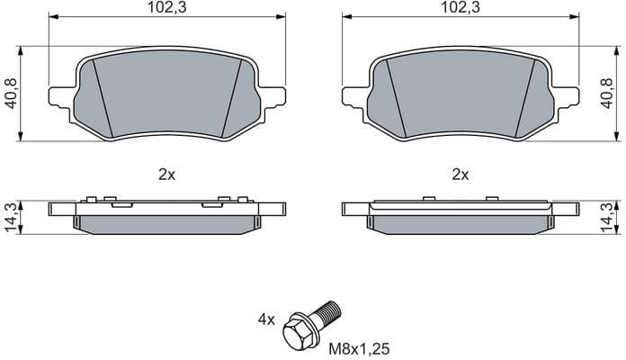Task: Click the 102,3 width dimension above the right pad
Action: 460,7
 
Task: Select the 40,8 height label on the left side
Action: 11,93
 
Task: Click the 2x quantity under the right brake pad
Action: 460,175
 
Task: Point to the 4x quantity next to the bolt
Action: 266,319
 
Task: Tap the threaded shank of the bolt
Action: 327,310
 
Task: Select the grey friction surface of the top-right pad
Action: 460,94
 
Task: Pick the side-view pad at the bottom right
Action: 460,216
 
